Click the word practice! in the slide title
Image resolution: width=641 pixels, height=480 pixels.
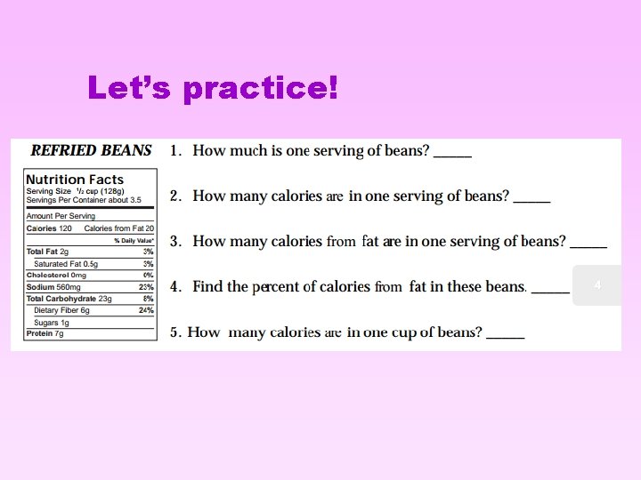click(261, 89)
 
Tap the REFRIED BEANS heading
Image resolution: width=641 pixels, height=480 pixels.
click(91, 150)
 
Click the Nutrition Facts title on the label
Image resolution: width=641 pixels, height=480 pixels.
click(75, 180)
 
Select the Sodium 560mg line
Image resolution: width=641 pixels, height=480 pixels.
click(53, 287)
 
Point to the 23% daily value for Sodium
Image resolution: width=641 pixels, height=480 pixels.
click(147, 287)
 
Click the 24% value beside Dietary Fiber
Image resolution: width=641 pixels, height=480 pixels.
click(147, 310)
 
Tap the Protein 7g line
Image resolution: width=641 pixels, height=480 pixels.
click(45, 333)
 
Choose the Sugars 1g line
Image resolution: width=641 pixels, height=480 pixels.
click(52, 322)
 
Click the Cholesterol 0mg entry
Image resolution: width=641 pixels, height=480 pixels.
click(56, 276)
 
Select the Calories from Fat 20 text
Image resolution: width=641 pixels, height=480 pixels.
click(118, 228)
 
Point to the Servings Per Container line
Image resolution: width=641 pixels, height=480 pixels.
click(84, 200)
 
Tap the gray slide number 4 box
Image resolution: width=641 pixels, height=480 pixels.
click(597, 285)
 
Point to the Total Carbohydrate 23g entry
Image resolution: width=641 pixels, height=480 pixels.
click(69, 299)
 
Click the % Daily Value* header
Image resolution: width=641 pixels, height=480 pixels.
click(134, 241)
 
